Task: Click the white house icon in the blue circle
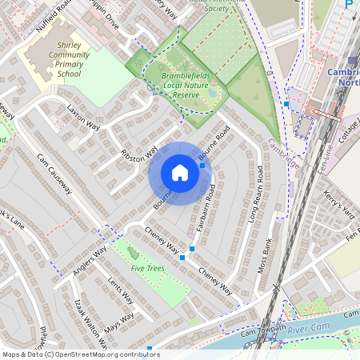pyautogui.click(x=180, y=173)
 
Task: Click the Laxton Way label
pyautogui.click(x=83, y=118)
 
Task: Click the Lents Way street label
pyautogui.click(x=120, y=291)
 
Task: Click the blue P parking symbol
pyautogui.click(x=348, y=5)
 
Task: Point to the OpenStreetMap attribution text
pyautogui.click(x=81, y=354)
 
